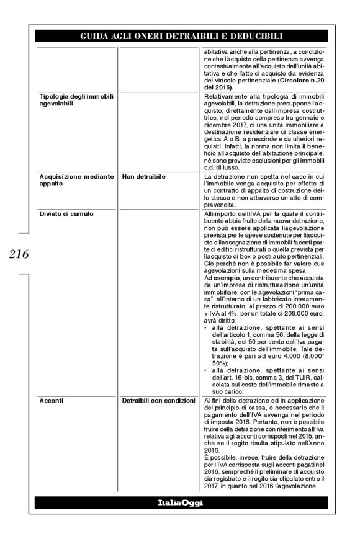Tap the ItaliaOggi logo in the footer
click(x=180, y=503)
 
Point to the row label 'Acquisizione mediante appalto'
click(x=68, y=180)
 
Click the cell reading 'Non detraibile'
click(x=143, y=177)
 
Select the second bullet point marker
click(x=205, y=368)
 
